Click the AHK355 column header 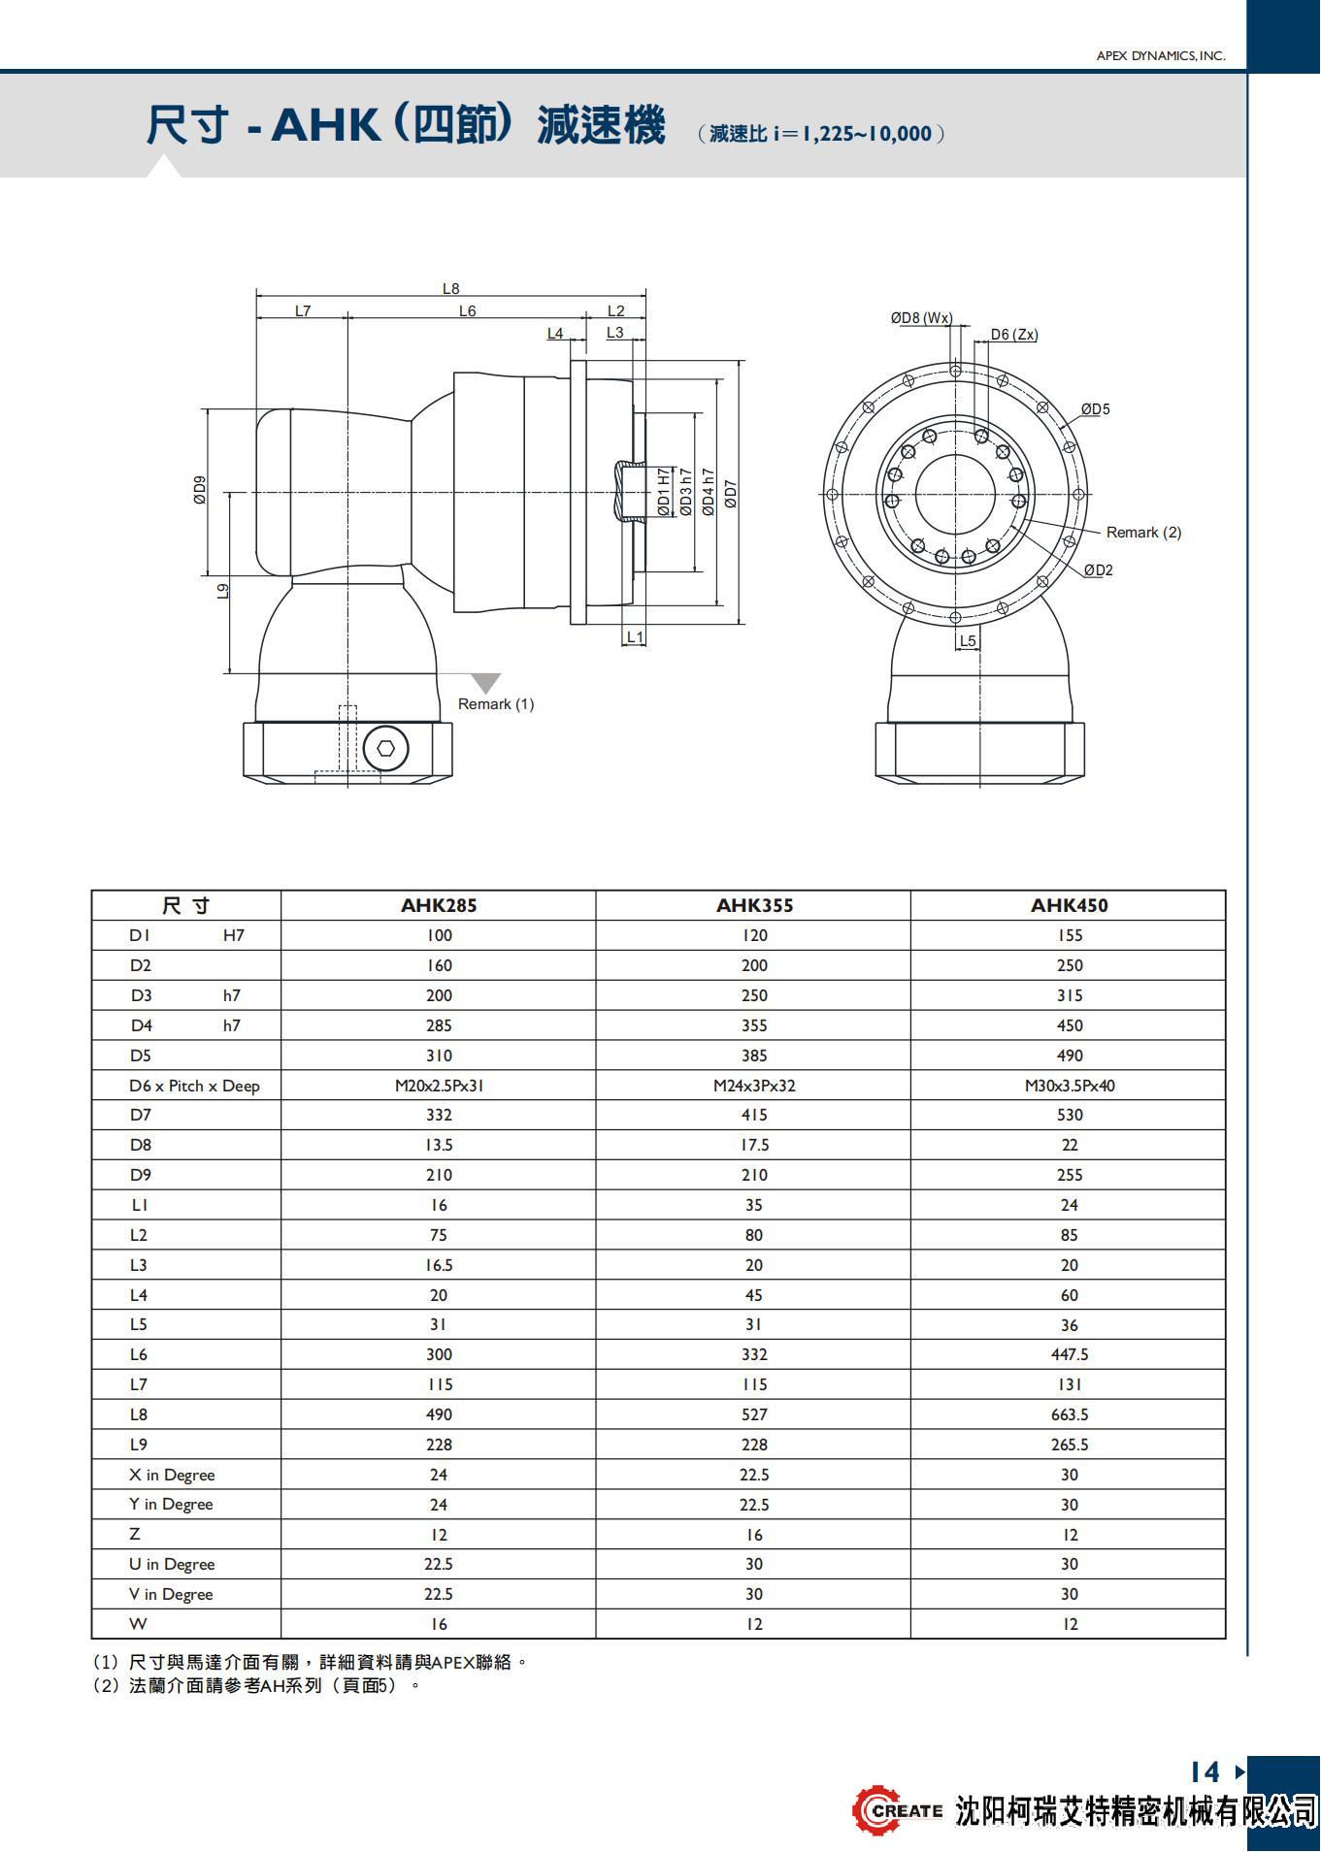tap(754, 905)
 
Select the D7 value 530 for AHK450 tap(1069, 1115)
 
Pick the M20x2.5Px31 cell tap(439, 1086)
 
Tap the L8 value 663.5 tap(1069, 1414)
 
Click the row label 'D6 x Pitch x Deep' tap(194, 1086)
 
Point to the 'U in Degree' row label tap(172, 1564)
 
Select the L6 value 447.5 tap(1069, 1354)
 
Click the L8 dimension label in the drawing tap(450, 288)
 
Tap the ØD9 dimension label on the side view tap(200, 490)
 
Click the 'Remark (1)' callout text tap(496, 704)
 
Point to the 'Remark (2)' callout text tap(1143, 533)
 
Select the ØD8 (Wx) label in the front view tap(921, 318)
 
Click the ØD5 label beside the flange tap(1095, 409)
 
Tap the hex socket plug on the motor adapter tap(385, 748)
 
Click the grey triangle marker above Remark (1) tap(485, 683)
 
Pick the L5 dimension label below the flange tap(967, 641)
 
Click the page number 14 tap(1205, 1772)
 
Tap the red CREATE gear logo tap(875, 1809)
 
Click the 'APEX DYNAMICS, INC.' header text tap(1160, 56)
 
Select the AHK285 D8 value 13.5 tap(439, 1145)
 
